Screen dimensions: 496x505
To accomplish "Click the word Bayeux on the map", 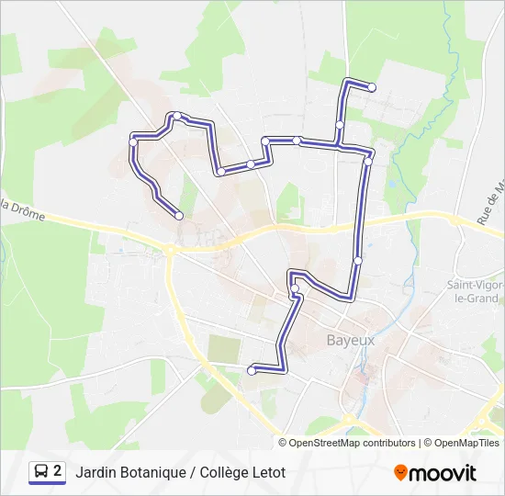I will (x=351, y=339).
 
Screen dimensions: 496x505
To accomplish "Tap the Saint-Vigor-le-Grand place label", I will (x=474, y=291).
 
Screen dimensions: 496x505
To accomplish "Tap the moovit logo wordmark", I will (x=443, y=473).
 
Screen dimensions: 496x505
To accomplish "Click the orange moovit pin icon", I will (x=400, y=473).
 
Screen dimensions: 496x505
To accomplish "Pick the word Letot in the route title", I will (x=267, y=473).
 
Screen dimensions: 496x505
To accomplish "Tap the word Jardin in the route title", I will (x=96, y=473).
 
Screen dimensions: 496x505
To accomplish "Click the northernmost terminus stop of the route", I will (x=372, y=87).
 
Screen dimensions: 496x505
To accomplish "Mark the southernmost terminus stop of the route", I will (x=252, y=370).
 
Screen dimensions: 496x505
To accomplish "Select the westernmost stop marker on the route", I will (x=134, y=141).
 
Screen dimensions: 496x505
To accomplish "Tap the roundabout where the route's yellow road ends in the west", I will (x=170, y=250).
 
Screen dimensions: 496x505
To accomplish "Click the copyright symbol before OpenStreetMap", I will (x=284, y=443).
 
